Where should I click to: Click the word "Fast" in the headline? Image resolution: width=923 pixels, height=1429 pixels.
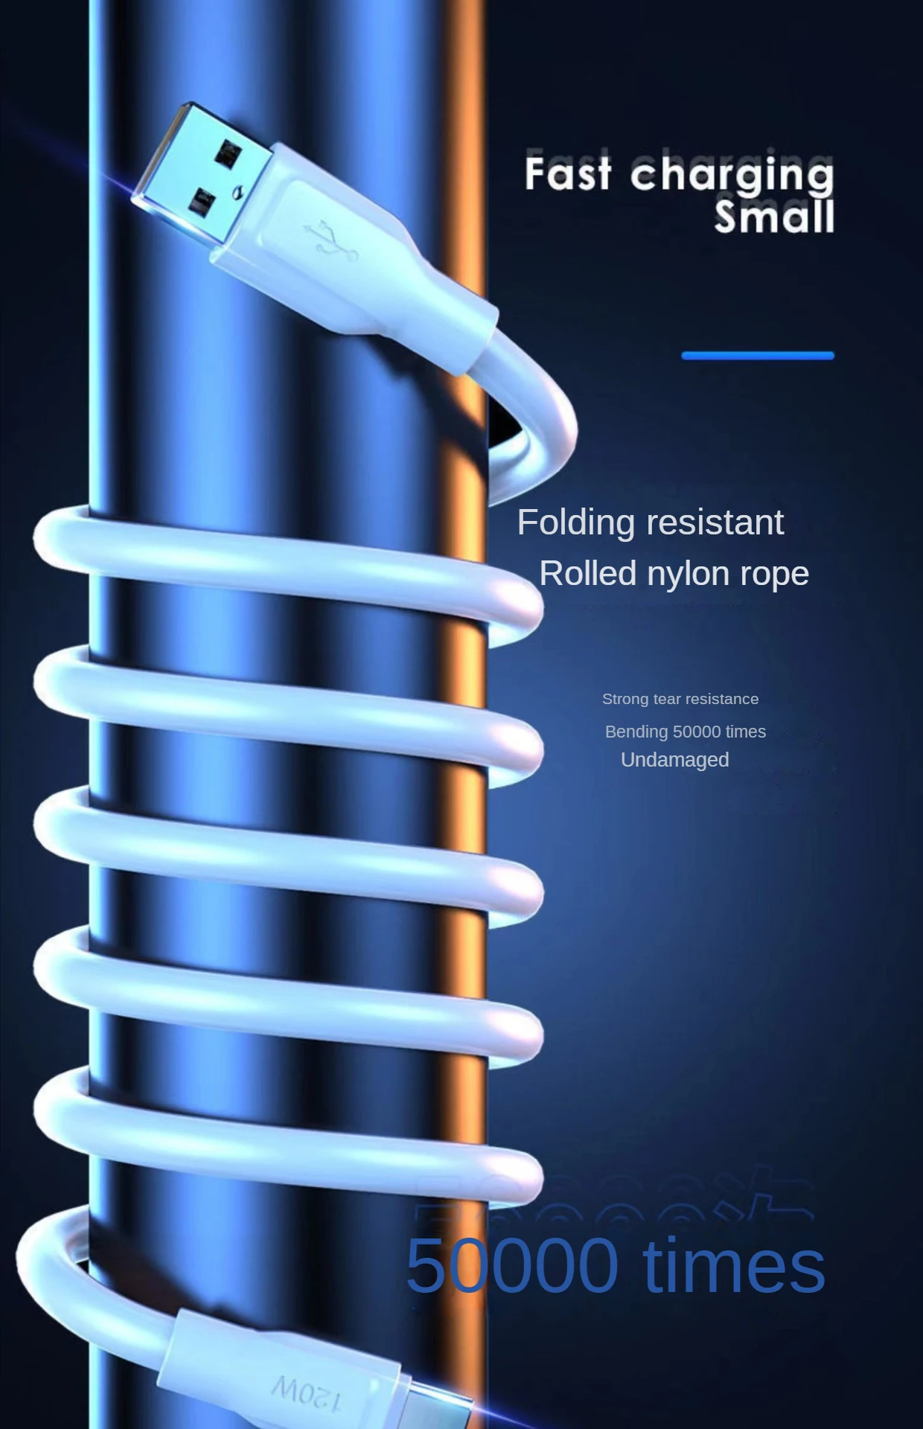point(568,173)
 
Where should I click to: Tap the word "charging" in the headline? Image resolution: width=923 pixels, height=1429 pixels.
point(732,176)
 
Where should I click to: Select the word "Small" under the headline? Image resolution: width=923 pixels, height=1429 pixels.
point(774,217)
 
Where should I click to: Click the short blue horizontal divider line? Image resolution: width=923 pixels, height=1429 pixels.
point(758,356)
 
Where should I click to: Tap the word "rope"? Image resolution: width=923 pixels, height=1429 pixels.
point(774,575)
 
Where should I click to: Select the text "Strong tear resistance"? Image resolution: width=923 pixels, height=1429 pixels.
point(680,699)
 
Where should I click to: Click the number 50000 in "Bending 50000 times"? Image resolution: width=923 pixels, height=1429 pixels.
point(696,732)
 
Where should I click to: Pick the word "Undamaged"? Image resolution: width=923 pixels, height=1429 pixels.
point(674,760)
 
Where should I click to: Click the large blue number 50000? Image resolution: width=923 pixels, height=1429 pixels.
point(512,1265)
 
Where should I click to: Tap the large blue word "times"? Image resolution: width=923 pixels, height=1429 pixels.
point(734,1265)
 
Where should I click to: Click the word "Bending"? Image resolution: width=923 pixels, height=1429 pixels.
point(636,732)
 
